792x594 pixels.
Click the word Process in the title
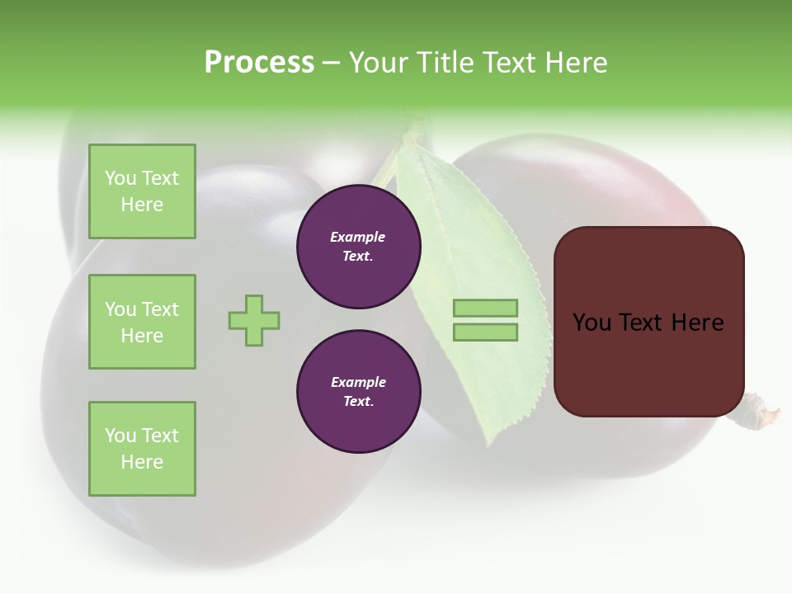click(259, 63)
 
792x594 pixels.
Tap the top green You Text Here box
click(142, 191)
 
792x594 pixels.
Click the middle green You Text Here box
click(142, 322)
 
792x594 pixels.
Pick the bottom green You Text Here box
click(142, 449)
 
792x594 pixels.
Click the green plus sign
click(254, 320)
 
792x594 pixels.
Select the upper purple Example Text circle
click(359, 247)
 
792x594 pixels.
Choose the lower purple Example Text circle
click(359, 392)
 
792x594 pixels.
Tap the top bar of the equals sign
click(486, 308)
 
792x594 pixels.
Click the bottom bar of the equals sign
click(486, 332)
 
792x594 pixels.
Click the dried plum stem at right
click(761, 412)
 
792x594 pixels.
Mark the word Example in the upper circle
click(358, 237)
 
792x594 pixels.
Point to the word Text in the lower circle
click(358, 402)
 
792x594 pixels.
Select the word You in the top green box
click(120, 178)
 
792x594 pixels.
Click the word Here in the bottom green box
click(142, 462)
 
